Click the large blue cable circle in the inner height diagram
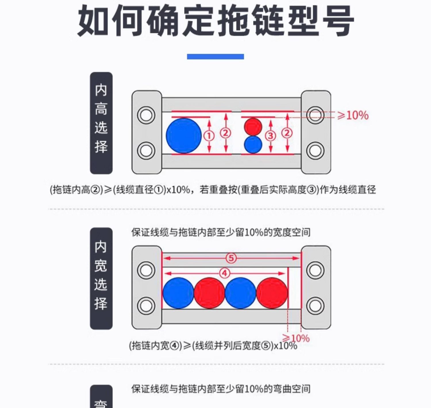pyautogui.click(x=184, y=136)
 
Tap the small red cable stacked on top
pyautogui.click(x=253, y=126)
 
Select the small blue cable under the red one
pyautogui.click(x=253, y=145)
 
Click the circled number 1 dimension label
pyautogui.click(x=209, y=136)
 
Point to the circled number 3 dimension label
pyautogui.click(x=270, y=136)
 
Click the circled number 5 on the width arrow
pyautogui.click(x=231, y=258)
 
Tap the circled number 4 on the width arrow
pyautogui.click(x=225, y=273)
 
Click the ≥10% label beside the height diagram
pyautogui.click(x=353, y=116)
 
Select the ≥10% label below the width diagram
pyautogui.click(x=296, y=338)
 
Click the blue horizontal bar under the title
pyautogui.click(x=215, y=57)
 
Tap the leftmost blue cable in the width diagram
pyautogui.click(x=178, y=293)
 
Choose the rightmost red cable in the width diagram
pyautogui.click(x=272, y=293)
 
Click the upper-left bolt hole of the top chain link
pyautogui.click(x=146, y=115)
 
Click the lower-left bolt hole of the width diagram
pyautogui.click(x=146, y=306)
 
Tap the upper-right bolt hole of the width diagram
pyautogui.click(x=315, y=270)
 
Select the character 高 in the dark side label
pyautogui.click(x=101, y=109)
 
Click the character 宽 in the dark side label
pyautogui.click(x=101, y=266)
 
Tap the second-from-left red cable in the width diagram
pyautogui.click(x=209, y=293)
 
